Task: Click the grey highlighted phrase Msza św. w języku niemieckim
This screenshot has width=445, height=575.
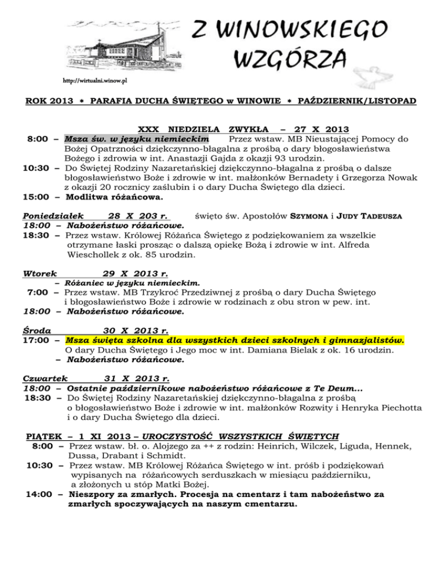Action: coord(137,139)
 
